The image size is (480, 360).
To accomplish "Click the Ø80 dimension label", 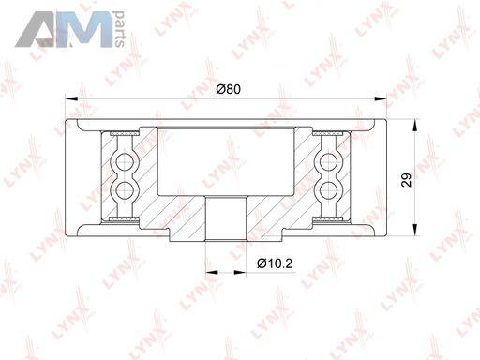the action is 229,89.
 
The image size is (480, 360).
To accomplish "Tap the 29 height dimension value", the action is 406,179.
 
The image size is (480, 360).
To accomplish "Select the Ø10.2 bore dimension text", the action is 275,263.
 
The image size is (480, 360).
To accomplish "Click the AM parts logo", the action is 70,29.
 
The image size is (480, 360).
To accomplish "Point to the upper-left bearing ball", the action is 125,162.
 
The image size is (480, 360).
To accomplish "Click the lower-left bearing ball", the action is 125,188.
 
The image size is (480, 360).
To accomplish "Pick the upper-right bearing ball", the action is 328,162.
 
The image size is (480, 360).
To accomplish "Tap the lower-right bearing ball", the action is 328,188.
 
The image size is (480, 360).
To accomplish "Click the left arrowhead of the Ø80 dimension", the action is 71,98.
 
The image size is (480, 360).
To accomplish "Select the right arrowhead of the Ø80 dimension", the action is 381,98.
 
